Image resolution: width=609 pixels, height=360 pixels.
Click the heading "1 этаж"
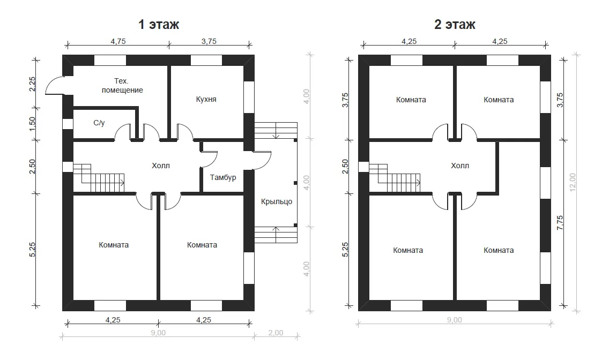(x=159, y=25)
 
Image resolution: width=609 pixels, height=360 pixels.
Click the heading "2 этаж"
(x=455, y=25)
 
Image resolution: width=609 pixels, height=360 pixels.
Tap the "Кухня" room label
(x=206, y=99)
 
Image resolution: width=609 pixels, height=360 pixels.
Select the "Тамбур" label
(x=223, y=178)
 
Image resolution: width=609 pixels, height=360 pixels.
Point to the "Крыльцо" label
(x=277, y=202)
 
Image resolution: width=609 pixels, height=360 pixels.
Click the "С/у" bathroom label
(x=99, y=123)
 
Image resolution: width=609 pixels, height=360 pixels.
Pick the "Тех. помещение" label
(x=122, y=85)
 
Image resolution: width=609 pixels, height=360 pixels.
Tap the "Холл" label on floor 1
(x=161, y=166)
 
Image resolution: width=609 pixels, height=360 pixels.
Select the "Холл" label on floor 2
(x=460, y=166)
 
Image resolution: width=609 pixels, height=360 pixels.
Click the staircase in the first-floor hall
(x=99, y=178)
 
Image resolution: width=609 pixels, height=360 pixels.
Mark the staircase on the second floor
(x=395, y=178)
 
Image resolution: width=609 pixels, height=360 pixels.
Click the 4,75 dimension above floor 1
(x=118, y=41)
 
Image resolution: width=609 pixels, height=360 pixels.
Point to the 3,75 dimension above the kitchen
(x=209, y=41)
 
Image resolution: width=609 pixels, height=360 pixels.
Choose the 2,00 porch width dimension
(x=276, y=333)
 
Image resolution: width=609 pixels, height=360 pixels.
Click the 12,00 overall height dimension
(x=573, y=182)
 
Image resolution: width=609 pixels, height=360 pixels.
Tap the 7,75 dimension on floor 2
(x=560, y=223)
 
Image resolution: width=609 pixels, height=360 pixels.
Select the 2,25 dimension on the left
(x=32, y=84)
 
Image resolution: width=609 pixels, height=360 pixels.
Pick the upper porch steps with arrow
(x=276, y=130)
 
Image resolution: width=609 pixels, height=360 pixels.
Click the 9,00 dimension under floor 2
(x=455, y=320)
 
